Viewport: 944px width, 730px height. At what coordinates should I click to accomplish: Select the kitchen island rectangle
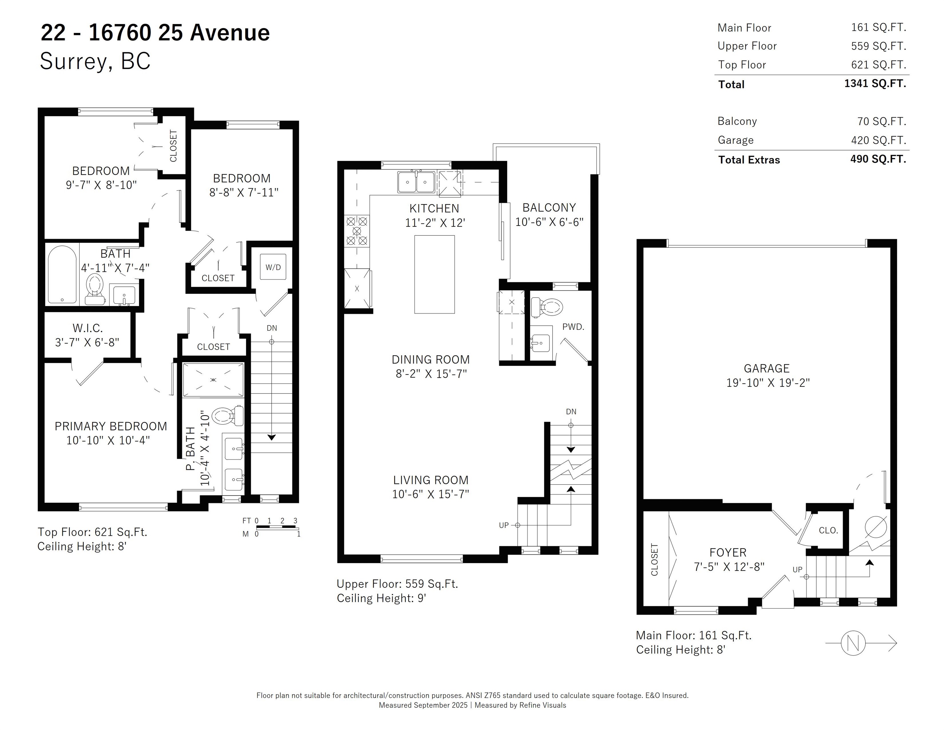[434, 274]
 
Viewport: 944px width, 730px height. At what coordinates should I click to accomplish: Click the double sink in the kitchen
[416, 182]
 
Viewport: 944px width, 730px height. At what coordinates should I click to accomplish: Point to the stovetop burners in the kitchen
[357, 231]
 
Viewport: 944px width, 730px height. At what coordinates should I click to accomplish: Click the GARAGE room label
[766, 368]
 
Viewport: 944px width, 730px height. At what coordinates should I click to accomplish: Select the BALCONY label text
[549, 208]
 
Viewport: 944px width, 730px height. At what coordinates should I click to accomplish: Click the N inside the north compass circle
[853, 643]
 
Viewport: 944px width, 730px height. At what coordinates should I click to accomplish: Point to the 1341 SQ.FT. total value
[875, 83]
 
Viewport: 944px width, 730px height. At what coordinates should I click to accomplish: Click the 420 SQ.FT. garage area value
[878, 140]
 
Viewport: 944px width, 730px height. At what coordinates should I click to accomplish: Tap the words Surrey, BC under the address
[95, 61]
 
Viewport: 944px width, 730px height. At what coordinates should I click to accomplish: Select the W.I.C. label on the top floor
[88, 328]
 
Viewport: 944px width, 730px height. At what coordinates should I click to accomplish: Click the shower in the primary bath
[213, 380]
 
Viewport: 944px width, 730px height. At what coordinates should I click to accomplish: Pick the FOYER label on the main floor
[728, 552]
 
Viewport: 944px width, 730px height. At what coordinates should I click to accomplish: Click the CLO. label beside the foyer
[828, 530]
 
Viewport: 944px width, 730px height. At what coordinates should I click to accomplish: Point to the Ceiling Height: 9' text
[381, 598]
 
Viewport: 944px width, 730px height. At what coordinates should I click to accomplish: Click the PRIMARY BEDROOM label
[111, 426]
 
